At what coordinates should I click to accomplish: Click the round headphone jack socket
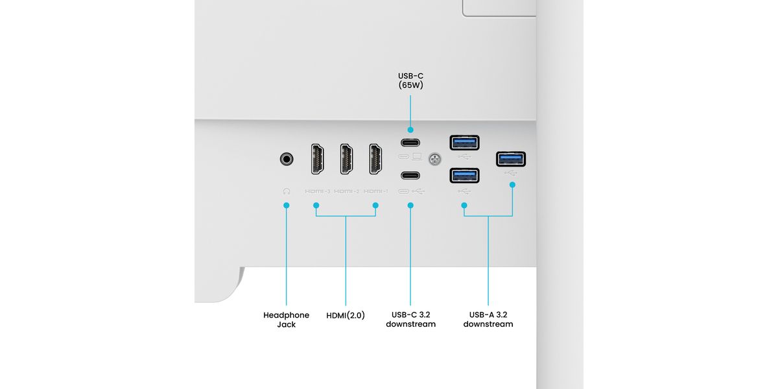tap(286, 158)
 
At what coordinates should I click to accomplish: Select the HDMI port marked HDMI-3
tap(318, 159)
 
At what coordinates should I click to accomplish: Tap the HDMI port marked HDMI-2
tap(347, 159)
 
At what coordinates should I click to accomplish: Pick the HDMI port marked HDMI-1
tap(375, 159)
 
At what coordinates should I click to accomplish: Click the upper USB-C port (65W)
tap(410, 143)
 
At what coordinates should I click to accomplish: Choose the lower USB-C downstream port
tap(410, 175)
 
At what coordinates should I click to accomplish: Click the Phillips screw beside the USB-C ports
tap(435, 158)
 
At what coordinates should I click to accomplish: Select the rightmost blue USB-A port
tap(511, 159)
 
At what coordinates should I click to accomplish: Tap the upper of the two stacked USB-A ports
tap(464, 142)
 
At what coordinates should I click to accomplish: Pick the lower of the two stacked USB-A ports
tap(464, 176)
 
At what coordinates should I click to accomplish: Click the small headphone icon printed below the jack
tap(286, 191)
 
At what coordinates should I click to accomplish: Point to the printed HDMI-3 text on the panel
tap(318, 191)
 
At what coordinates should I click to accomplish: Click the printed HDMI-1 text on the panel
tap(376, 191)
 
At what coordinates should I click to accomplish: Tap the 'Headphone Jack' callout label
tap(286, 320)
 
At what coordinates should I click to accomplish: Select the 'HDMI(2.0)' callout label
tap(346, 315)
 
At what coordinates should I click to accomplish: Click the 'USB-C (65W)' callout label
tap(410, 80)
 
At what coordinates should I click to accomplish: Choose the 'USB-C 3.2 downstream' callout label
tap(410, 320)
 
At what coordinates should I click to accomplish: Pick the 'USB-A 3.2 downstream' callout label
tap(488, 320)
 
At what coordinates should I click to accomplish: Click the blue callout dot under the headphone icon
tap(286, 206)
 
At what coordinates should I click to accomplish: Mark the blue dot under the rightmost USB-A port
tap(512, 185)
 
